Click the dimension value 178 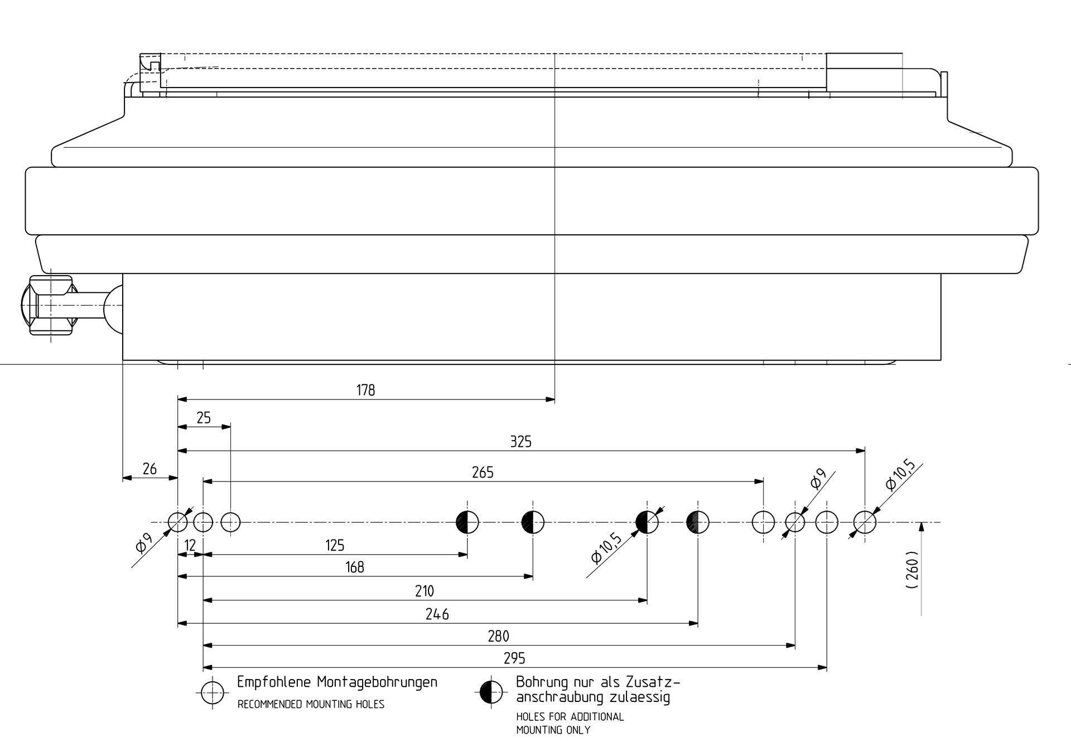[x=366, y=390]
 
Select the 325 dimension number [x=521, y=442]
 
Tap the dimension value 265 [x=483, y=473]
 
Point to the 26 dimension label [x=149, y=469]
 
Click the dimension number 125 [x=335, y=545]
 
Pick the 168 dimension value [x=355, y=567]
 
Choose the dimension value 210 [x=424, y=591]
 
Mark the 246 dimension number [x=437, y=614]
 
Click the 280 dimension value [x=498, y=636]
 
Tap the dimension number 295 [x=514, y=658]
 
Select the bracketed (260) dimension [x=912, y=571]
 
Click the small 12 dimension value [x=190, y=545]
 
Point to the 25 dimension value [x=204, y=418]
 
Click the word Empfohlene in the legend [x=274, y=682]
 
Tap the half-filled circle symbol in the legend [x=491, y=692]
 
